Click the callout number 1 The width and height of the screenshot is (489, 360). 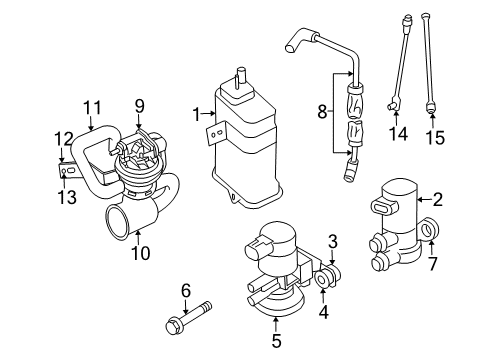[197, 115]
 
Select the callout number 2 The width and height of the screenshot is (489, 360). [436, 199]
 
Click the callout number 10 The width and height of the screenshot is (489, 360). [140, 254]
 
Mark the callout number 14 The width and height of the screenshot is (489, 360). [398, 132]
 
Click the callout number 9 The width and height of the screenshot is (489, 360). [140, 104]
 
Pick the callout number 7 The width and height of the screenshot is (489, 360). [432, 264]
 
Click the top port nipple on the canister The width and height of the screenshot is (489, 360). [240, 76]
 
